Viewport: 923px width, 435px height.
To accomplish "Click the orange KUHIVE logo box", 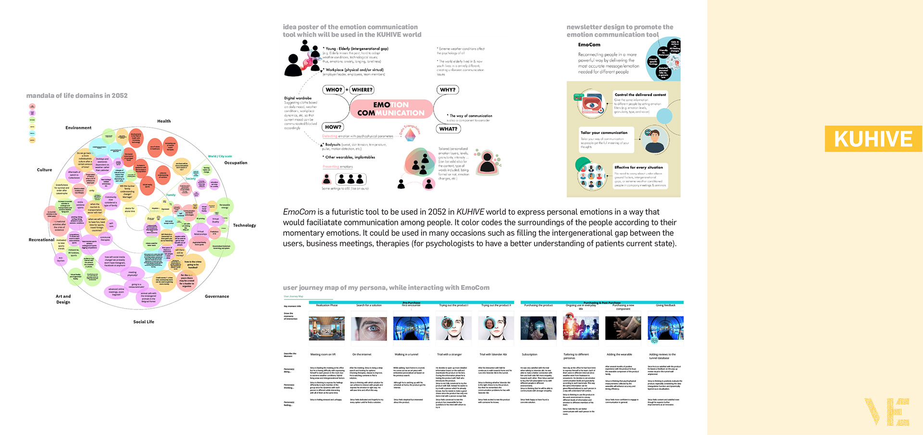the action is tap(873, 139).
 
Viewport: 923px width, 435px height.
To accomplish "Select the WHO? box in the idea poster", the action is tap(334, 90).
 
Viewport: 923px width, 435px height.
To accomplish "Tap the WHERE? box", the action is tap(362, 90).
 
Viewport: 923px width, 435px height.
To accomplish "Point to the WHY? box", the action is tap(448, 90).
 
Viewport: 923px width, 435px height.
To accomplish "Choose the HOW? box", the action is tap(333, 127).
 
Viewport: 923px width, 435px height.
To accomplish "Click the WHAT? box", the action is tap(448, 129).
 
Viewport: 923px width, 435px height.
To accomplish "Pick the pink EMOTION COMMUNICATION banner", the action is tap(391, 109).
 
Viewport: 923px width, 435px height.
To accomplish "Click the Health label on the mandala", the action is tap(164, 121).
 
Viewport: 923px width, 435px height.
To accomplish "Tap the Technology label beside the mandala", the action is tap(244, 225).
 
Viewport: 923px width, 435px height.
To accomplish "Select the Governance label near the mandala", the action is tap(217, 297).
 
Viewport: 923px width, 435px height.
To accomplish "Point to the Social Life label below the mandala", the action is tap(144, 322).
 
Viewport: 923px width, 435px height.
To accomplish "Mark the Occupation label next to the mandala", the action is tap(236, 163).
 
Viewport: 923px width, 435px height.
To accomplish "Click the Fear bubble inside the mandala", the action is tap(151, 219).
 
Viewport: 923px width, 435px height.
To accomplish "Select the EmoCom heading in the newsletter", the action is tap(589, 45).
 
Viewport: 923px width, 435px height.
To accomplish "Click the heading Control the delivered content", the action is tap(640, 95).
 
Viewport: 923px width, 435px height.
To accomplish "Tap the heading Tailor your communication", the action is tap(604, 133).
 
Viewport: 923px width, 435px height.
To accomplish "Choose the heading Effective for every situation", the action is tap(638, 167).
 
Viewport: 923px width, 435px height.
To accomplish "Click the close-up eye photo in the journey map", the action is tap(369, 328).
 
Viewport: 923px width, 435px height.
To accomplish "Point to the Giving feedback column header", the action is tap(665, 305).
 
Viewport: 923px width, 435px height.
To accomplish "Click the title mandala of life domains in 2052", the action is tap(77, 96).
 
